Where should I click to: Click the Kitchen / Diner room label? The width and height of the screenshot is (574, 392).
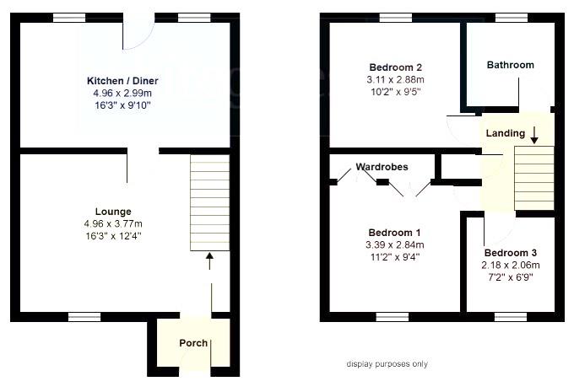point(122,81)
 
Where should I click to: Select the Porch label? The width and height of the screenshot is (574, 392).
point(192,343)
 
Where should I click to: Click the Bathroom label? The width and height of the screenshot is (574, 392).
point(510,65)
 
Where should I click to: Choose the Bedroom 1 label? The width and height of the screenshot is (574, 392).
point(394,233)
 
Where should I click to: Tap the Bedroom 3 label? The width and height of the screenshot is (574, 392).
point(511,253)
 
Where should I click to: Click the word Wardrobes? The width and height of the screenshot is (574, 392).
point(382,167)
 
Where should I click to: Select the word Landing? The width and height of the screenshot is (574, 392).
point(505,133)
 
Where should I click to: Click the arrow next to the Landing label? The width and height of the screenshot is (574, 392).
point(533,132)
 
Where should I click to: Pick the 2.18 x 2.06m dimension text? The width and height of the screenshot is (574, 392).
point(511,265)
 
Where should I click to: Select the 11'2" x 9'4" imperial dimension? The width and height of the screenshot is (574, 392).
point(394,257)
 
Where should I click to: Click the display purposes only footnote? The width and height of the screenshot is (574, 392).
point(387,364)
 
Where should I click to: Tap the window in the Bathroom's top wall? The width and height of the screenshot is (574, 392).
point(510,18)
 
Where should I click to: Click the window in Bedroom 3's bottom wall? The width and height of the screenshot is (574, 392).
point(510,317)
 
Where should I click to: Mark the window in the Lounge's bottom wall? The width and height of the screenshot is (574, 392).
point(83,317)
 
